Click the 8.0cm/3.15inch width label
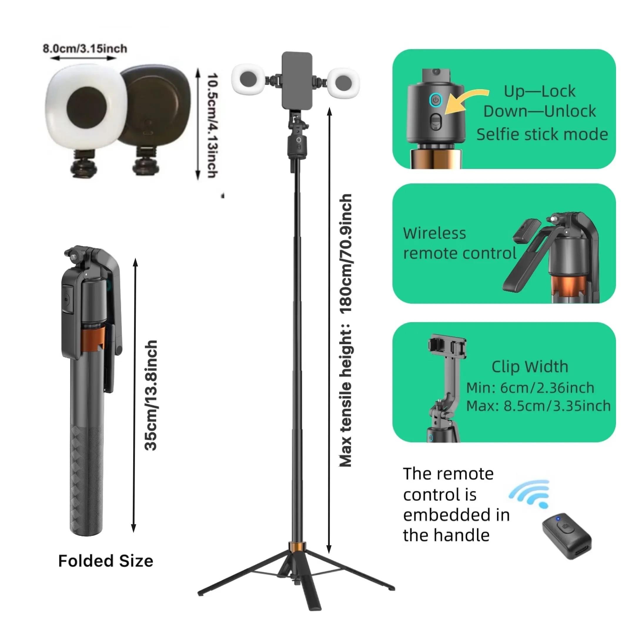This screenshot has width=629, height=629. (85, 49)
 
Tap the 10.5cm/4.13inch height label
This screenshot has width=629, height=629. (212, 125)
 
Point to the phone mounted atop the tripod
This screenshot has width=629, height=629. (297, 81)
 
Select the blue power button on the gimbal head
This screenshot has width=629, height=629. (436, 100)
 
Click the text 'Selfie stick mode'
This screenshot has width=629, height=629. (542, 134)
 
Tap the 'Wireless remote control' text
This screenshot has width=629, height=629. (459, 243)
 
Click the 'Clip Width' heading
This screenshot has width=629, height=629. (530, 367)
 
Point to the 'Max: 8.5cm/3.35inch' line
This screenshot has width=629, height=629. (538, 406)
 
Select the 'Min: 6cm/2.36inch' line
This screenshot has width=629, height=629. (530, 388)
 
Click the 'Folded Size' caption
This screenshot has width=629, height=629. (106, 561)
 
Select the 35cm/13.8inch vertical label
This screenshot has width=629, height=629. (151, 396)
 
